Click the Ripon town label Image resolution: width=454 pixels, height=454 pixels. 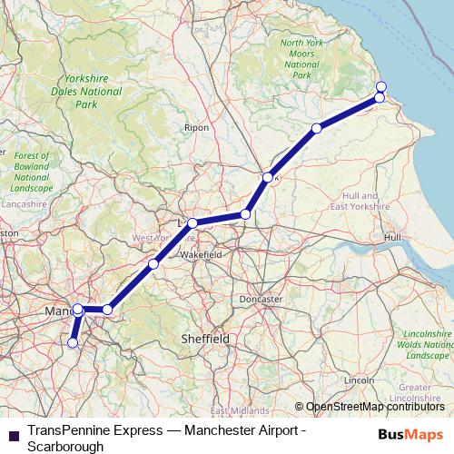coord(196,128)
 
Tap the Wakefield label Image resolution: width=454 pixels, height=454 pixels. coord(202,256)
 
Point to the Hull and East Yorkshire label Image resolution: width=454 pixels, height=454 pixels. coord(369,202)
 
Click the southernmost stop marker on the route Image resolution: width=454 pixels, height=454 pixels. coord(73,343)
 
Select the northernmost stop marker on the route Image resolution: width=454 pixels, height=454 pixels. coord(380,85)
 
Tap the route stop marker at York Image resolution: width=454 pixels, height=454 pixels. coord(267,177)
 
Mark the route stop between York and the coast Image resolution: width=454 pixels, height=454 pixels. coord(316,128)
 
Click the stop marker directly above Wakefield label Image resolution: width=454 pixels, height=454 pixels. coord(192,222)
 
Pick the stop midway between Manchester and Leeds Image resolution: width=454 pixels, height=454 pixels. coord(153,264)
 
